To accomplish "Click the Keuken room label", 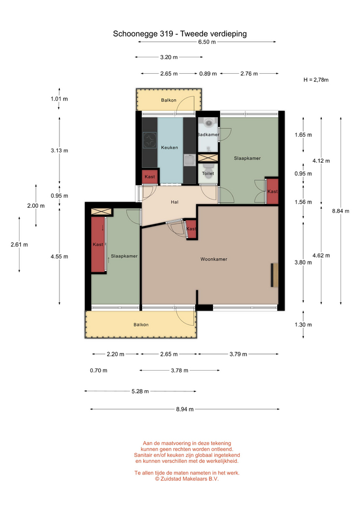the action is [x=170, y=147].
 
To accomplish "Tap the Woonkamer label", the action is [x=214, y=259].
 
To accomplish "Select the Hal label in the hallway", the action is [x=174, y=202].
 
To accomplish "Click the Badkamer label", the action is [x=208, y=134].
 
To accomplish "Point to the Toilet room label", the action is [x=208, y=173].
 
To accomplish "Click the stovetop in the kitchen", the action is [x=150, y=141].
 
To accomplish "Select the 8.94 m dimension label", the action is [x=185, y=409].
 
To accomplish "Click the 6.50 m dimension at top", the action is [x=207, y=42].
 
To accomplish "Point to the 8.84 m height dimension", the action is [x=340, y=211].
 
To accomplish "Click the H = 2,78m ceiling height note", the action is [x=316, y=80].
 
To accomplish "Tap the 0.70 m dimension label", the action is [x=99, y=371].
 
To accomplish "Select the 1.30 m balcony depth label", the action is [x=303, y=324].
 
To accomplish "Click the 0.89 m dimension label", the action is [x=208, y=74].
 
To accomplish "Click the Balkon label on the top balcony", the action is [x=169, y=100].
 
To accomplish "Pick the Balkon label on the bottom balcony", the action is [x=141, y=324].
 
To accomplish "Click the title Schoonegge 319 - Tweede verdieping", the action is [x=180, y=34].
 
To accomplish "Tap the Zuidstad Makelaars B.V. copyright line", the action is [x=187, y=479].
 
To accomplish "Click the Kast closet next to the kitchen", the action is [x=150, y=177].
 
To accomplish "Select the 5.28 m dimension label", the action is [x=140, y=391].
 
